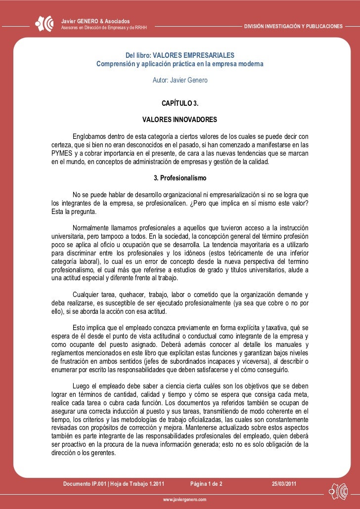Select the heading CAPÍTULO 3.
[x=180, y=104]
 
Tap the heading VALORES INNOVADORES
[x=180, y=120]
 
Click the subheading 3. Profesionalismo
[x=180, y=177]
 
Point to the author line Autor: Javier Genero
[x=180, y=80]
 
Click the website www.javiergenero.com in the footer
[x=180, y=500]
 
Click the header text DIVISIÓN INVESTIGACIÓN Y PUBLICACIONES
[x=293, y=25]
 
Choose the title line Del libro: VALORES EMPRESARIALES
[x=180, y=55]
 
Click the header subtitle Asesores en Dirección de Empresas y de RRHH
[x=103, y=27]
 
